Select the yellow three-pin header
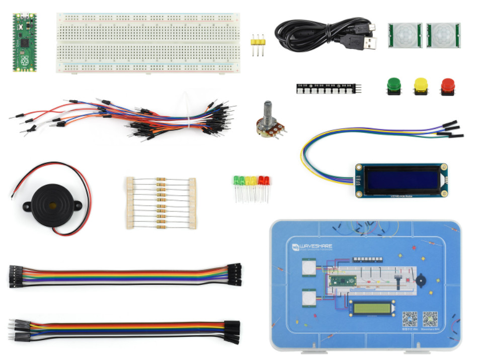tap(259, 44)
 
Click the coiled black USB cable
tap(317, 33)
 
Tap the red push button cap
tap(447, 84)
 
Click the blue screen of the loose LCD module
tap(403, 180)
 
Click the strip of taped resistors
tap(161, 203)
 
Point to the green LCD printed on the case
tap(371, 307)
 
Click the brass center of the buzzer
tap(51, 205)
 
